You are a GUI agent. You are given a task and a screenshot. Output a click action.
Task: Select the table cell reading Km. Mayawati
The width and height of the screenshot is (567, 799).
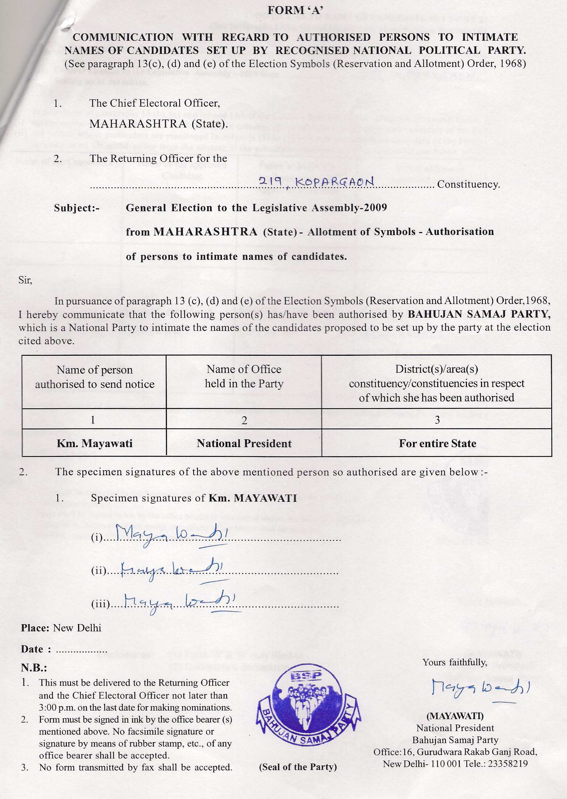(x=94, y=443)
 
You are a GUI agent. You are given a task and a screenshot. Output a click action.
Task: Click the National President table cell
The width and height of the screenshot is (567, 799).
(x=244, y=443)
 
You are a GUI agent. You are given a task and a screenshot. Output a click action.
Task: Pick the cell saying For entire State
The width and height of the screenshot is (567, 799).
(x=437, y=443)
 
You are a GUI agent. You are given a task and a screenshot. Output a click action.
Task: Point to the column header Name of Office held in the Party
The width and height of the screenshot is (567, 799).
(x=244, y=376)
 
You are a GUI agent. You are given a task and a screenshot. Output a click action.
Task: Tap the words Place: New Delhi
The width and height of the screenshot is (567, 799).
(x=61, y=628)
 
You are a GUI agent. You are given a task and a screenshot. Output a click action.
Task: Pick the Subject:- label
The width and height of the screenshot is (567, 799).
(x=77, y=208)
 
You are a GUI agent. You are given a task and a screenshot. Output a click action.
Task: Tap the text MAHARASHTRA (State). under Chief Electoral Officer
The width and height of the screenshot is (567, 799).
(x=159, y=124)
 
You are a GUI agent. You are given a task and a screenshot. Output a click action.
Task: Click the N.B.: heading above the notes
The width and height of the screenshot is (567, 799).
(x=34, y=668)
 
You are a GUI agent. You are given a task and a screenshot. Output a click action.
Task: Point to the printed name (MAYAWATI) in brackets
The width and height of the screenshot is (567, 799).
(x=455, y=716)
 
